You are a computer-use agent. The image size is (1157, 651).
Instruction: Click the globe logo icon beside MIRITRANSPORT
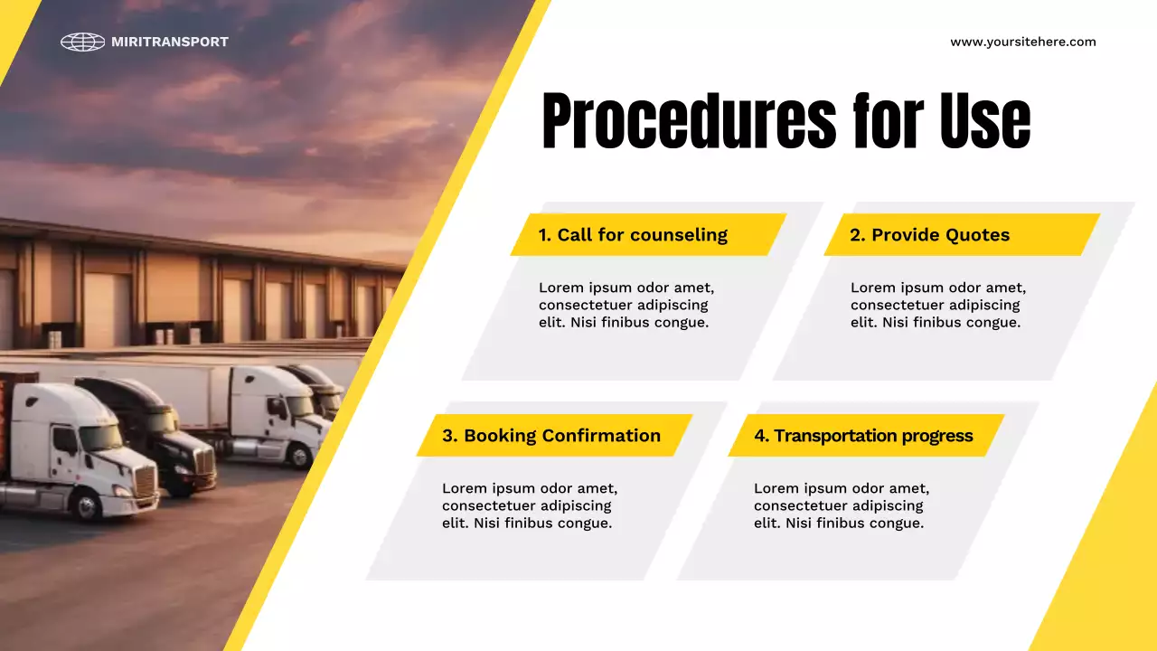(82, 42)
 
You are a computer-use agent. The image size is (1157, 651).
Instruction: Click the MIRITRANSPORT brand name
(170, 42)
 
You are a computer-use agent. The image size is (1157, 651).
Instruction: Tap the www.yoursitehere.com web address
(1022, 42)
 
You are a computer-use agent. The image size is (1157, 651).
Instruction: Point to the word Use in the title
(984, 121)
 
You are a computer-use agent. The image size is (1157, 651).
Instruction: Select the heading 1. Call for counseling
(633, 235)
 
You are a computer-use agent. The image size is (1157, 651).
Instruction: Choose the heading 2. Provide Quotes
(929, 235)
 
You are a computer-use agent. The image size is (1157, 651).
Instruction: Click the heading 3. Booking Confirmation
(551, 436)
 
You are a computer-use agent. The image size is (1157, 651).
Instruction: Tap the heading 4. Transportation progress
(863, 436)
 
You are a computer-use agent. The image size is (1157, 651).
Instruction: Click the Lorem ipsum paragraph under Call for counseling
(626, 305)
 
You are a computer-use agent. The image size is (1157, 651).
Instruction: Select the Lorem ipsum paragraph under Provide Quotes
(938, 305)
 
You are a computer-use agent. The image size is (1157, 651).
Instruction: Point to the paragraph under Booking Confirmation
(530, 505)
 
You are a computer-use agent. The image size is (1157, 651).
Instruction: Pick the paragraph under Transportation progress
(842, 505)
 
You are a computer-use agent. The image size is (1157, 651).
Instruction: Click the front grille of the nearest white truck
(145, 482)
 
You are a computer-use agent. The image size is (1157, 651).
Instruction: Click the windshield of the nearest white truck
(101, 438)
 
